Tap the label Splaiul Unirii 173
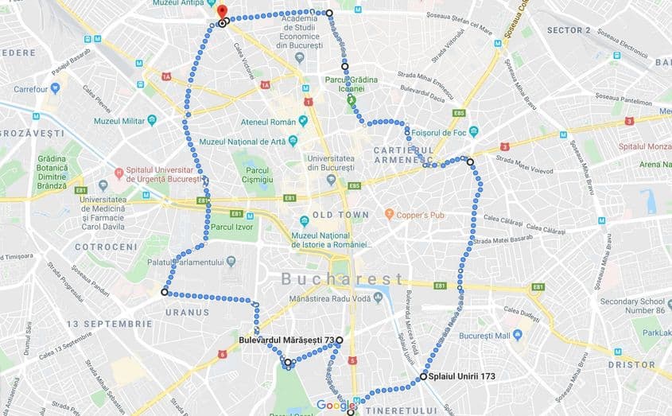tap(463, 376)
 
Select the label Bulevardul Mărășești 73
tap(286, 340)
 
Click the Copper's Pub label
tap(421, 215)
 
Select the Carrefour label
tap(31, 89)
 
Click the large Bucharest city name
tap(342, 278)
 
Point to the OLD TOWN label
tap(340, 215)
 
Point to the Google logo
tap(335, 406)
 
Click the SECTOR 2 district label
tap(569, 30)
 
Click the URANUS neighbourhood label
tap(187, 313)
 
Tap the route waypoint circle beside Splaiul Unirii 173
tap(423, 376)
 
